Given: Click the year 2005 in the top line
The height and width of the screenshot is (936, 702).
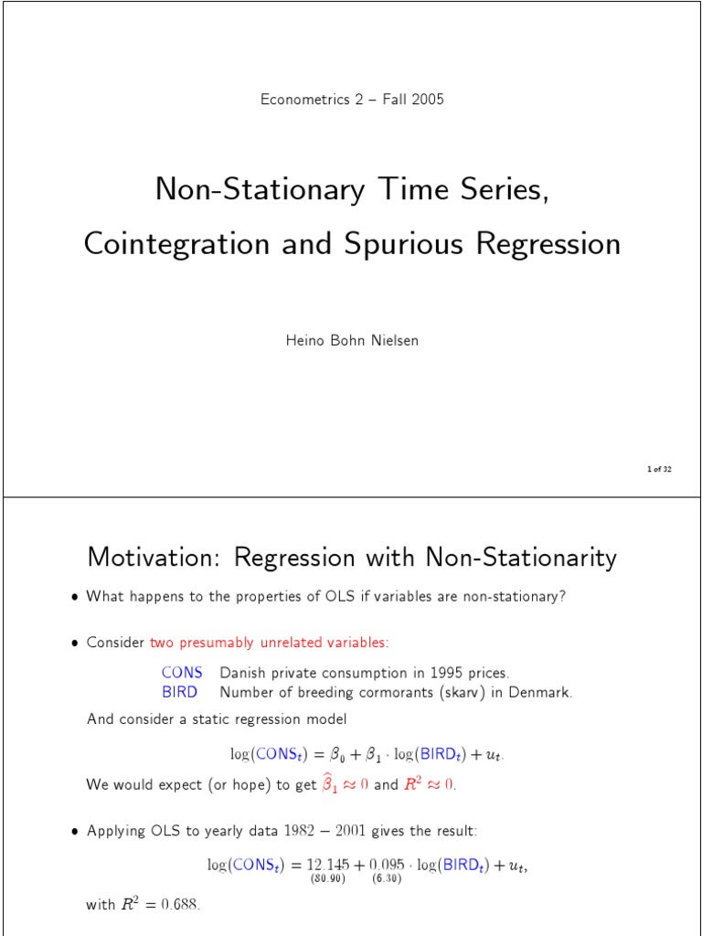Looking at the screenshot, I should (427, 100).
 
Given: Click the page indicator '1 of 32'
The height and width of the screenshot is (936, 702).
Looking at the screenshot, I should (659, 469).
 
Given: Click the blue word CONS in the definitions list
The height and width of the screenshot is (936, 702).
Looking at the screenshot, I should (182, 673).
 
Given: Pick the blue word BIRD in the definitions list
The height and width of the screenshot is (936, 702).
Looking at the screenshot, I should (180, 692).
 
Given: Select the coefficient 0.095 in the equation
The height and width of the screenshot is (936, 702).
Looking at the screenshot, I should (387, 865).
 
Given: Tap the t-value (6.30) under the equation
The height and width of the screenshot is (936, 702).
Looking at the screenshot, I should (387, 880).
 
